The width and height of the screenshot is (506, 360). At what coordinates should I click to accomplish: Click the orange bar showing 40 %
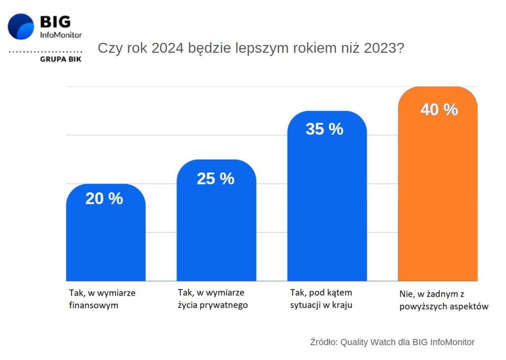pos(438,198)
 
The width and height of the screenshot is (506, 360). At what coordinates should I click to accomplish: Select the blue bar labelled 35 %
pos(327,208)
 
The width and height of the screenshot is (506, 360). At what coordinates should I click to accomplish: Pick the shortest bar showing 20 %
pos(106,242)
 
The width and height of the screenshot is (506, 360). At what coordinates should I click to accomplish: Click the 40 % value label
pos(439,110)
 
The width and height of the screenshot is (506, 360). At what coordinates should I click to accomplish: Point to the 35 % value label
pos(324,129)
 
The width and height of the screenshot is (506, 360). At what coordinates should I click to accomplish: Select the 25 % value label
pos(215,179)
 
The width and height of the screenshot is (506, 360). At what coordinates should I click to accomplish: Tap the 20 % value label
pos(104,198)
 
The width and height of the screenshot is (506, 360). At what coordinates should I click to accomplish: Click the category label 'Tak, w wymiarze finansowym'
pos(102,299)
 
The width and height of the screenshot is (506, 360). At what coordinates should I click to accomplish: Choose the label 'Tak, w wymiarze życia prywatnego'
pos(212,299)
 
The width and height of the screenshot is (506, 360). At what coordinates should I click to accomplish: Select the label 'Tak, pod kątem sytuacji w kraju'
pos(321,299)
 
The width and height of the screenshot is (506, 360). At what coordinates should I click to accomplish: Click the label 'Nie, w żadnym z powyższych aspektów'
pos(444,300)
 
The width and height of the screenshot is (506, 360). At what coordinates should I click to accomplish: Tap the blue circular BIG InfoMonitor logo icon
pos(21,27)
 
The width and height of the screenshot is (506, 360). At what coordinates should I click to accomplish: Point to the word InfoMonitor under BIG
pos(61,35)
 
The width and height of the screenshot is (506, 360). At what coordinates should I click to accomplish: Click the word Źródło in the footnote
pos(323,342)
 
